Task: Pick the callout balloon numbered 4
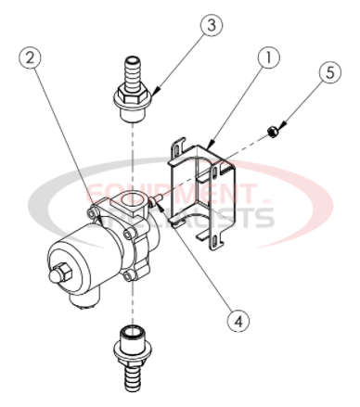(238, 320)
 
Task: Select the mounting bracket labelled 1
(204, 185)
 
